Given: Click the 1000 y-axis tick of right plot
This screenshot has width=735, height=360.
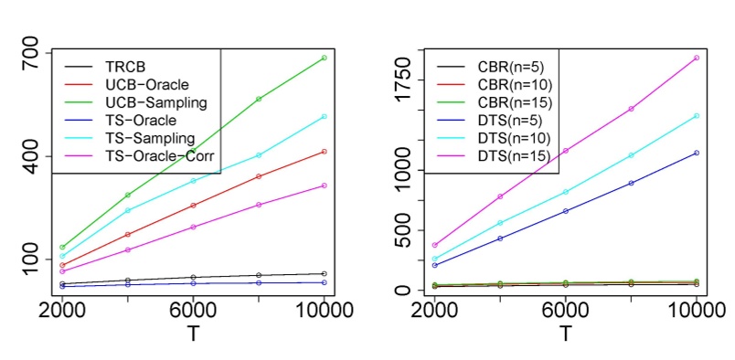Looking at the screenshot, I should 403,170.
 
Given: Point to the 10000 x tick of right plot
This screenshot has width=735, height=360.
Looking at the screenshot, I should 696,310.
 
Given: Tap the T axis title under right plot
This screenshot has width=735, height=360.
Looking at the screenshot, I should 566,334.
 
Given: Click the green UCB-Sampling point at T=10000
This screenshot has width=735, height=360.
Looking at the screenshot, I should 325,58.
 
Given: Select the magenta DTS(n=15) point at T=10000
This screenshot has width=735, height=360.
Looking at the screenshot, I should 697,58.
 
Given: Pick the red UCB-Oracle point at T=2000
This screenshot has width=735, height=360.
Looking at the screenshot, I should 62,265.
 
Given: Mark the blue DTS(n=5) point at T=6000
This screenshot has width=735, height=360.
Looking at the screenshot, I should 566,211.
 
